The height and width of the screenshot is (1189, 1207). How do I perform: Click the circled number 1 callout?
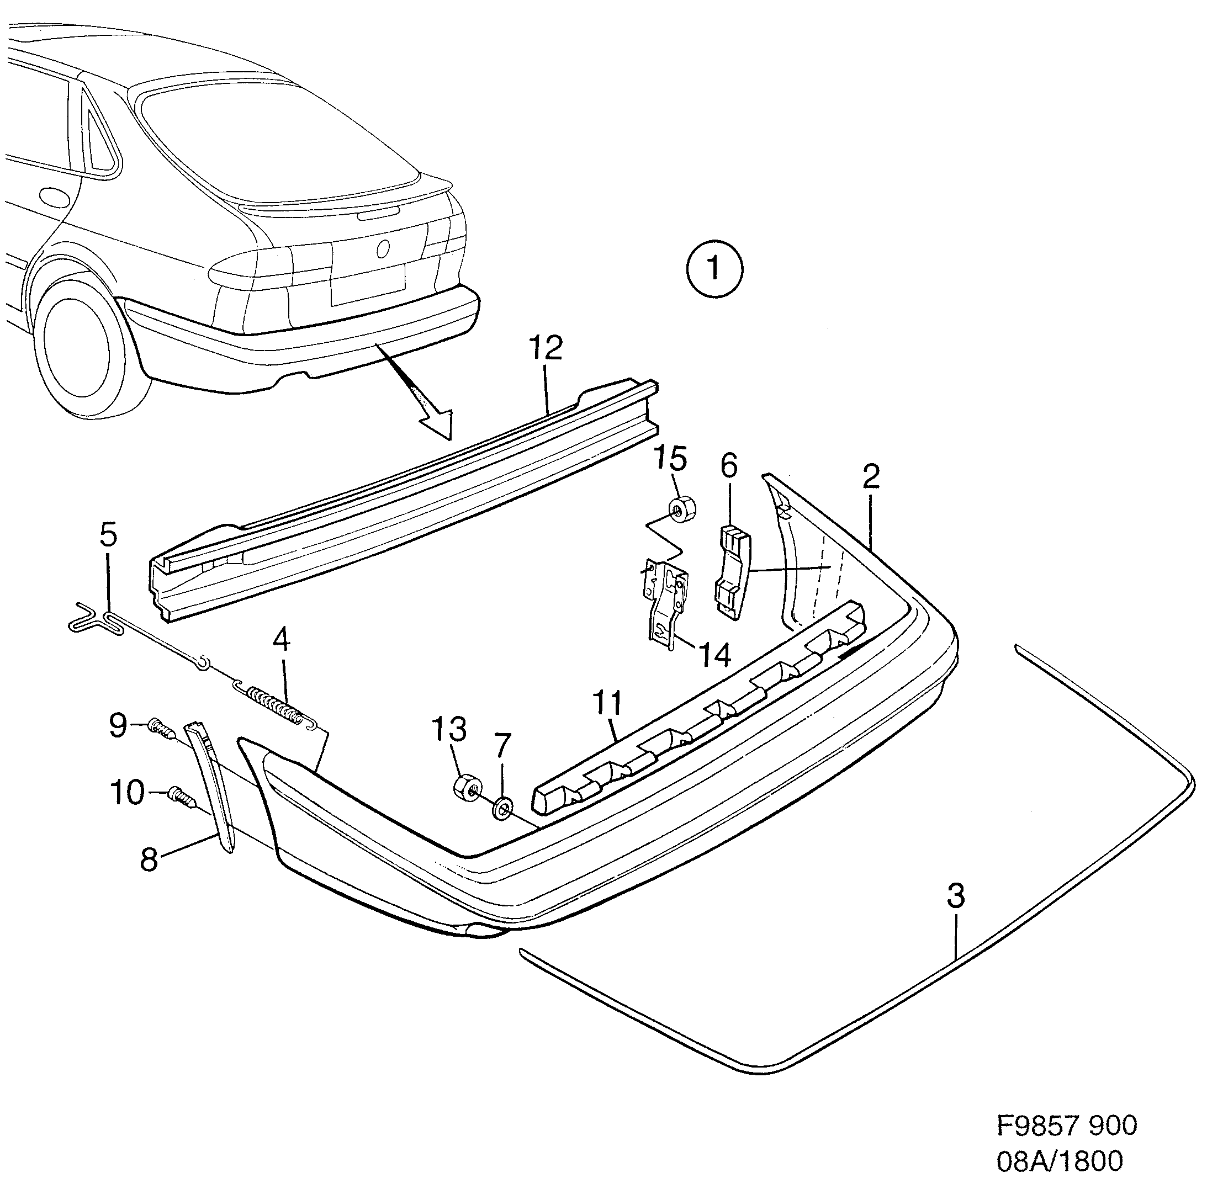[x=714, y=270]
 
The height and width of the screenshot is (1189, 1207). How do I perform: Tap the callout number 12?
[x=546, y=347]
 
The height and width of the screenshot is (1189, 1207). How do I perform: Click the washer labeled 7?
[x=502, y=808]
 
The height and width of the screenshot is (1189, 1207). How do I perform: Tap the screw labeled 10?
[x=181, y=795]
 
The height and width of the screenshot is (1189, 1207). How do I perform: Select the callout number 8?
[x=149, y=859]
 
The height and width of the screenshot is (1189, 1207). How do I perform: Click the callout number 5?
[x=109, y=535]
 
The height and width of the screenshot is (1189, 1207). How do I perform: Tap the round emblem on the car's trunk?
[x=383, y=248]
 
